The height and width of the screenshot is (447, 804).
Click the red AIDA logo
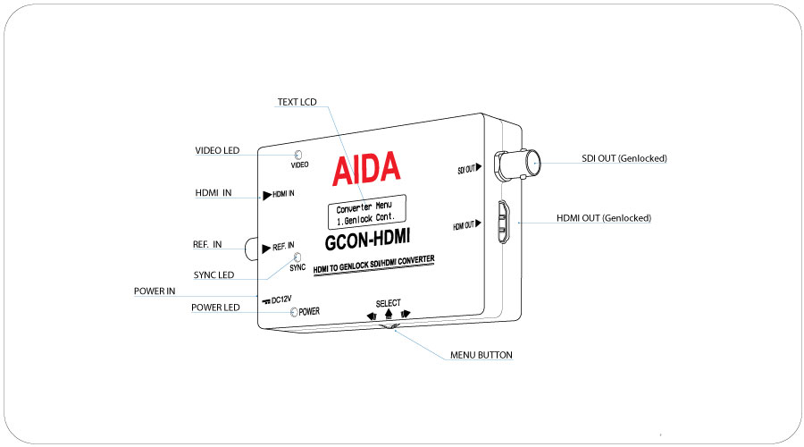(366, 168)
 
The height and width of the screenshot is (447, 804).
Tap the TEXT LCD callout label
(297, 102)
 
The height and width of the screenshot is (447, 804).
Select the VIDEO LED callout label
(217, 150)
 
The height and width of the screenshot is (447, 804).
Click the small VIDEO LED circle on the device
(297, 155)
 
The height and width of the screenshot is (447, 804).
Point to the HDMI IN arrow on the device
(267, 196)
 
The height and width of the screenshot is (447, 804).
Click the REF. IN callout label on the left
(207, 244)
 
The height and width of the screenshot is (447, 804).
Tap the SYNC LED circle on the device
(297, 257)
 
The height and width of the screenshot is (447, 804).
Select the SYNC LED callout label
(214, 275)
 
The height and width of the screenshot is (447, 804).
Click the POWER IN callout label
(155, 291)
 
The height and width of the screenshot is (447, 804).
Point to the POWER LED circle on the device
(294, 312)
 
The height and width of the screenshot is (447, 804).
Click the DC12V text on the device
(281, 299)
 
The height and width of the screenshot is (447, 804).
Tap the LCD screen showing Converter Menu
(367, 212)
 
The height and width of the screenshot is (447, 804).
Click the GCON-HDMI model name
(368, 240)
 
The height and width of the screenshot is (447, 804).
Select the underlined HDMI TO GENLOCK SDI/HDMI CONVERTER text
(373, 265)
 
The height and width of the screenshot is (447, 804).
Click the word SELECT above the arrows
(389, 303)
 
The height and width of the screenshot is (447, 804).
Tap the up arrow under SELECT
(389, 314)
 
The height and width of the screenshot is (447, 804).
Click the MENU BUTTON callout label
(481, 355)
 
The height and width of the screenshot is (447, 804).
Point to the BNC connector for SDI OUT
(517, 164)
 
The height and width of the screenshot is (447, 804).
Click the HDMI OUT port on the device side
(503, 223)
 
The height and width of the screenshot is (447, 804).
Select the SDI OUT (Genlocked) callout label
(624, 158)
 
